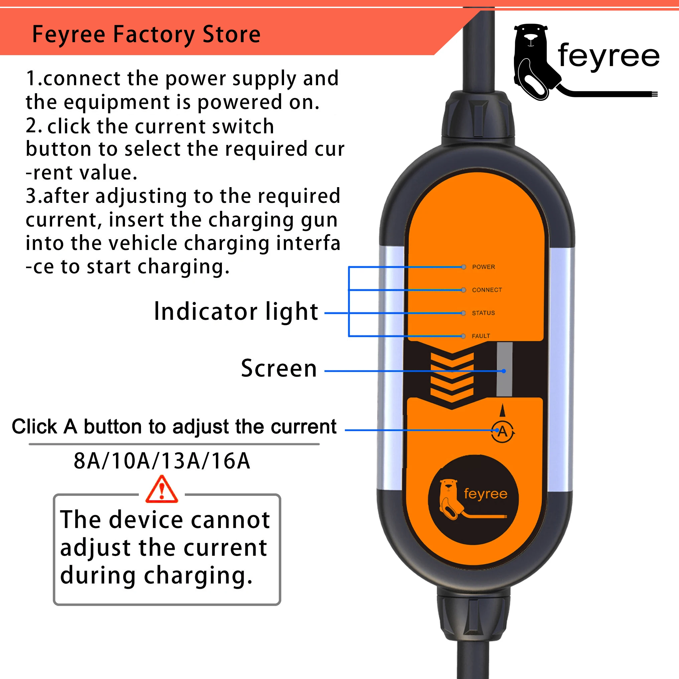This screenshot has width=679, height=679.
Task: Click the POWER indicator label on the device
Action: (x=483, y=267)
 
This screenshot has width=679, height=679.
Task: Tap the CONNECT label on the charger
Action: (x=487, y=290)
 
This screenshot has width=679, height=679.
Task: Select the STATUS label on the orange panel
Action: (x=483, y=313)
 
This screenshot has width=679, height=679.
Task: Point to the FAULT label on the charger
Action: (x=481, y=336)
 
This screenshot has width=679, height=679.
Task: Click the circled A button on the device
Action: (x=503, y=431)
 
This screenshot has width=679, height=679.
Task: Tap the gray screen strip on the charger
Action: (x=504, y=369)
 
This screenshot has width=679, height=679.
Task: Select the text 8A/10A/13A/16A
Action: (x=162, y=461)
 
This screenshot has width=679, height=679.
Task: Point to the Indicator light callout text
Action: (x=236, y=311)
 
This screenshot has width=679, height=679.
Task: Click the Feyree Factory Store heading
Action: (x=146, y=34)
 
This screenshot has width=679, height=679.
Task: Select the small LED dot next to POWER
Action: (x=463, y=267)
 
